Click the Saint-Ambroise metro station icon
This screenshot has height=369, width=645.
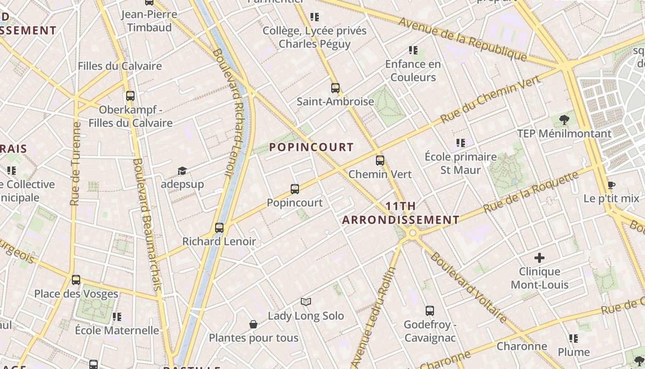[335, 88]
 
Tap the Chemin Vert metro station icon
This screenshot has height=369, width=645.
[380, 161]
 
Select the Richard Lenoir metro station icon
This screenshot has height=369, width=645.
[219, 227]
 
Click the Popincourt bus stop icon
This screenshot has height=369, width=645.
[295, 189]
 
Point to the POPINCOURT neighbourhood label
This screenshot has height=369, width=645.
[311, 147]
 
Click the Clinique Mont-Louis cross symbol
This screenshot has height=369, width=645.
[539, 258]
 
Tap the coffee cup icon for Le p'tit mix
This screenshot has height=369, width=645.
[611, 185]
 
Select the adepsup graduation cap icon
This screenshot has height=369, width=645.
[182, 171]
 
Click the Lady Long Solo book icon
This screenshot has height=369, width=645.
[306, 302]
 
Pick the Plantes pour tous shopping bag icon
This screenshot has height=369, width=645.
[253, 324]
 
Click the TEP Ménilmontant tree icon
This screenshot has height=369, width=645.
[564, 120]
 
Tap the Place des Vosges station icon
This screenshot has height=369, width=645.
[76, 280]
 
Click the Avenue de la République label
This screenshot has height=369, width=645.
[463, 39]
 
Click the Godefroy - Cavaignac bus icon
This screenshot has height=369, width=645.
[430, 311]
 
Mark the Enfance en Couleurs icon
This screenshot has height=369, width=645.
[413, 50]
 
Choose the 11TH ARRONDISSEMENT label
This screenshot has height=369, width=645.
[401, 213]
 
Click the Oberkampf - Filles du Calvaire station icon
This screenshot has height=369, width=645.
[130, 96]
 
